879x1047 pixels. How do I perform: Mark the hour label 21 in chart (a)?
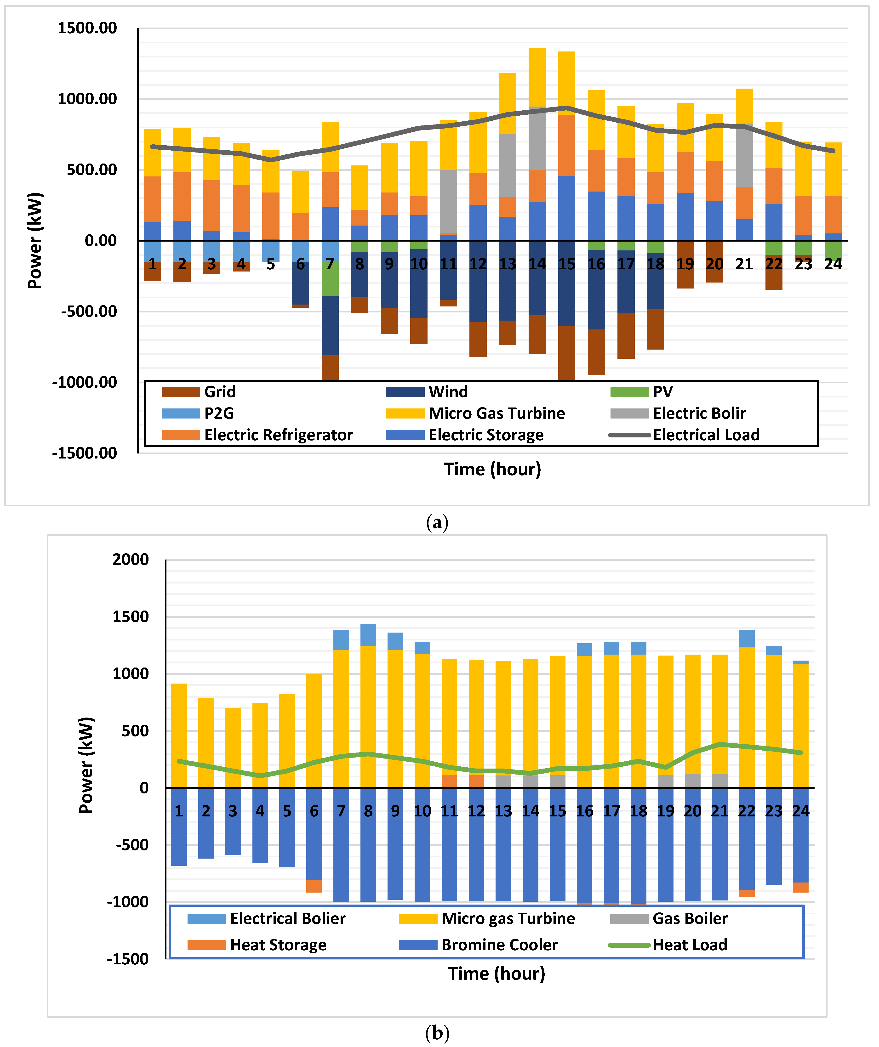(744, 264)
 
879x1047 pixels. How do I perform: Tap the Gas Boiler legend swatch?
(629, 918)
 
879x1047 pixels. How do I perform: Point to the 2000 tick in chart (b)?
(131, 559)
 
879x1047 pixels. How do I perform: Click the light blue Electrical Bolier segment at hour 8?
(368, 635)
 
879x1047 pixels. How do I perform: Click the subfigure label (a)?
(438, 522)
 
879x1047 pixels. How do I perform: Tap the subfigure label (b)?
(438, 1033)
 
